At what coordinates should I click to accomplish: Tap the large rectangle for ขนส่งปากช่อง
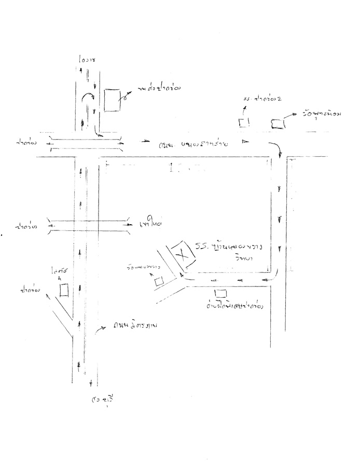coord(110,100)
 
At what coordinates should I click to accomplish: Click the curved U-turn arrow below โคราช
coord(88,99)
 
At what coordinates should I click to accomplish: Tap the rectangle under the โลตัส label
coord(64,290)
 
